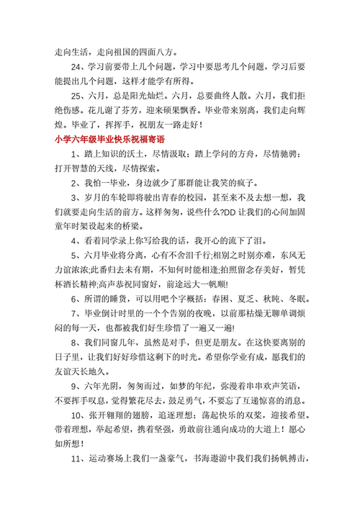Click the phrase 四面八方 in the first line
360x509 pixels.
coord(156,53)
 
